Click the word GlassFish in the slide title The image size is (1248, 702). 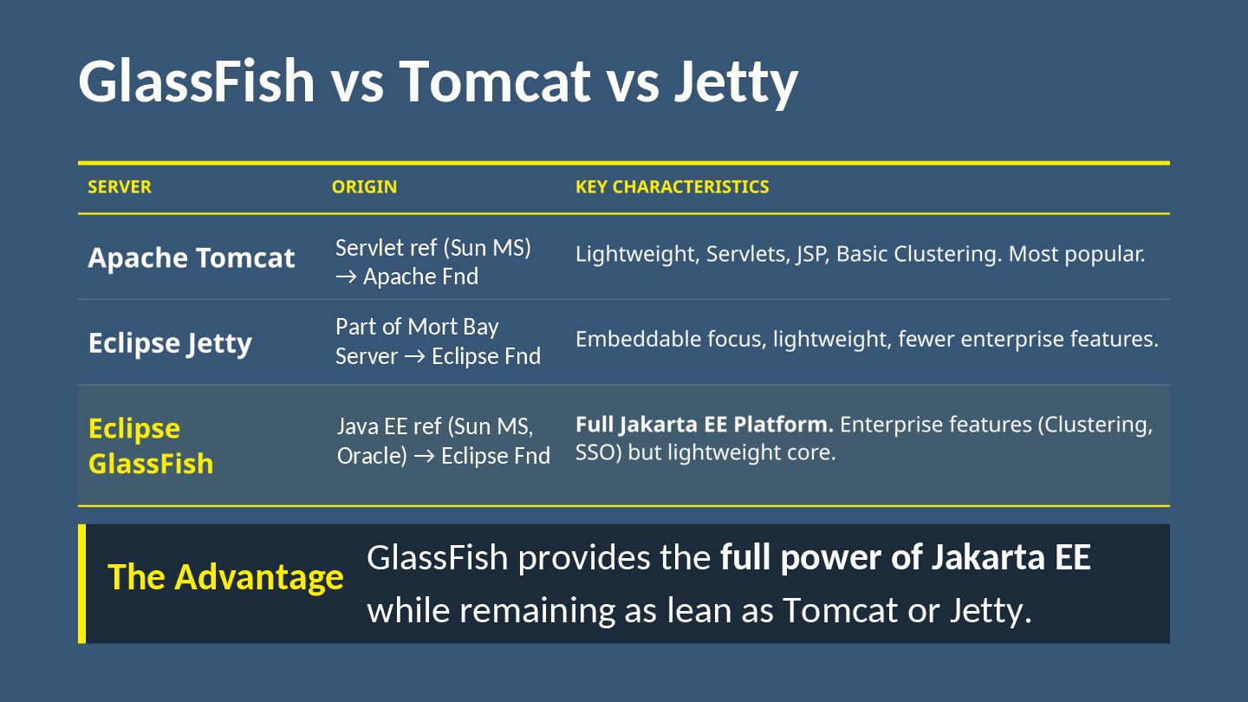(x=197, y=81)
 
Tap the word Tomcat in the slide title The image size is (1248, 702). (x=494, y=81)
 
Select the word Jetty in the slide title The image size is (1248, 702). (x=735, y=81)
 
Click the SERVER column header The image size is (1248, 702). (x=120, y=187)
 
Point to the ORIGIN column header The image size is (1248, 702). (x=364, y=187)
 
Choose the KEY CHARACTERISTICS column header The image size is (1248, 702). (x=672, y=187)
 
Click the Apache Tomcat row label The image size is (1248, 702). (x=192, y=257)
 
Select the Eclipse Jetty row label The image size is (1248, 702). (x=170, y=343)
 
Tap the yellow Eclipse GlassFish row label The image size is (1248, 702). (x=150, y=445)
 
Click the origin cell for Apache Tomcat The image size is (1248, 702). (x=432, y=262)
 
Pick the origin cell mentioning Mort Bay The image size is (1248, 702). (x=438, y=341)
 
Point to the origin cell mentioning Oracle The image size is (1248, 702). (x=443, y=441)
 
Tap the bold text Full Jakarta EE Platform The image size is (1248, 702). (x=704, y=425)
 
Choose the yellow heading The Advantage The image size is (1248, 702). (x=225, y=577)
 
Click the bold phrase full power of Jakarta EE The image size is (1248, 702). (x=905, y=557)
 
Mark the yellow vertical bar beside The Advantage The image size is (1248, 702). (x=82, y=583)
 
